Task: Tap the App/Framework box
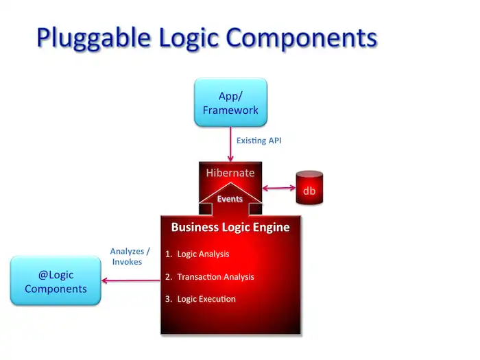pyautogui.click(x=230, y=102)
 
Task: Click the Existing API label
pyautogui.click(x=259, y=141)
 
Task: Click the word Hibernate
pyautogui.click(x=230, y=173)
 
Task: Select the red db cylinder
pyautogui.click(x=309, y=187)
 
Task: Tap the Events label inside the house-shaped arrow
pyautogui.click(x=230, y=199)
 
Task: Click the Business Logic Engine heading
pyautogui.click(x=230, y=227)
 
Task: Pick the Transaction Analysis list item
pyautogui.click(x=215, y=276)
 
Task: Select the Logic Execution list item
pyautogui.click(x=206, y=299)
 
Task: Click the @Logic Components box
pyautogui.click(x=56, y=281)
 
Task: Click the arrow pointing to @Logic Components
pyautogui.click(x=130, y=280)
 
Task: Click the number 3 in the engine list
pyautogui.click(x=167, y=299)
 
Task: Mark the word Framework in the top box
pyautogui.click(x=230, y=110)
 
